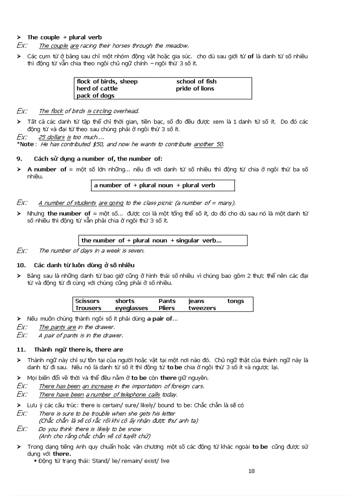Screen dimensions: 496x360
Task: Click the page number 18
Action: pos(251,471)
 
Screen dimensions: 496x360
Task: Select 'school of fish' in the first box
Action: pos(196,81)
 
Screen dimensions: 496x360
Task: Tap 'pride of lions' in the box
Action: pos(195,88)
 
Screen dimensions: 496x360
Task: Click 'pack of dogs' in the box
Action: pos(95,95)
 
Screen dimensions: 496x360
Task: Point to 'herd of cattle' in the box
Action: pos(97,88)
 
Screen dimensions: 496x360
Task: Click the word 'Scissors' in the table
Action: pos(87,301)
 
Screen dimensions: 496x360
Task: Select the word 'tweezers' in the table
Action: pos(202,308)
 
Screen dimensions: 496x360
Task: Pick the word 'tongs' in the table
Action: pos(236,301)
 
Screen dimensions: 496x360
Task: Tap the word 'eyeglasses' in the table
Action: pos(131,308)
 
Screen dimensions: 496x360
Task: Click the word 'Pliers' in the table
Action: pos(167,308)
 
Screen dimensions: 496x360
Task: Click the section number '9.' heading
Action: pos(19,159)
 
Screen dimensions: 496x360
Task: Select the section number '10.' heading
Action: pos(21,265)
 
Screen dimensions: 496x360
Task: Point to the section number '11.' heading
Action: pos(21,349)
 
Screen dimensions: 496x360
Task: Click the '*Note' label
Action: pos(25,144)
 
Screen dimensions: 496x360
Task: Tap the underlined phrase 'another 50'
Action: pos(209,144)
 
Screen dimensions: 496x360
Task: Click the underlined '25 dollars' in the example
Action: pos(52,137)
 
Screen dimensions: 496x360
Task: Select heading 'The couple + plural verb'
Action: pos(64,38)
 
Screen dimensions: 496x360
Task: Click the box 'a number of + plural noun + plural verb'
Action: pos(163,186)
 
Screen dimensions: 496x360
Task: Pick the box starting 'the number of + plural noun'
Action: pos(162,241)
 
